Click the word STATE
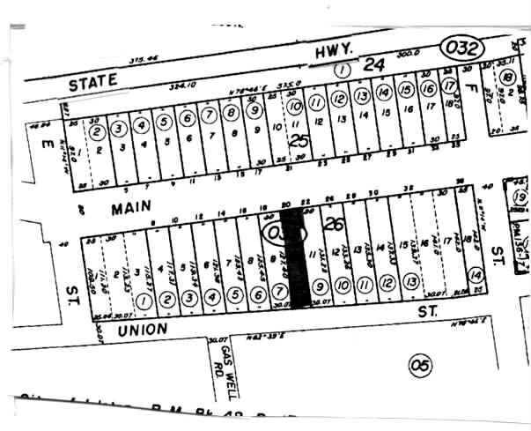coord(93,80)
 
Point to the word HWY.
coord(335,54)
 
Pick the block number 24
coord(375,64)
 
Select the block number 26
coord(334,225)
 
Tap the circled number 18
coord(507,78)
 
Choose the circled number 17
coord(449,85)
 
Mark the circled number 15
coord(405,90)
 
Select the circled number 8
coord(231,114)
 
